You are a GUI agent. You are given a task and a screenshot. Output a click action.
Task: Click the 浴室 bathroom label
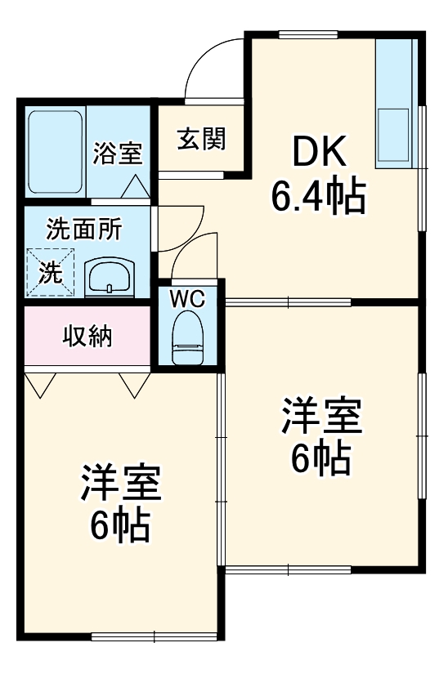click(x=117, y=153)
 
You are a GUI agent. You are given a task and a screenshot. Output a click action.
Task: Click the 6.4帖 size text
click(x=319, y=196)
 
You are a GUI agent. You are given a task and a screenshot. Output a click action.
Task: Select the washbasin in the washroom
click(x=109, y=276)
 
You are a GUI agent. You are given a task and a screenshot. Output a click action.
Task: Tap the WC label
click(x=188, y=298)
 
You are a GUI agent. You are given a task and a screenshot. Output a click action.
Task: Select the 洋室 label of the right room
click(x=321, y=417)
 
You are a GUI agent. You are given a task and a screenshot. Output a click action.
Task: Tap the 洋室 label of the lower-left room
click(x=121, y=484)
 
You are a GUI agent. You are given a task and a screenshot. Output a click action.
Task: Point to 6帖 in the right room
click(x=321, y=459)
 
